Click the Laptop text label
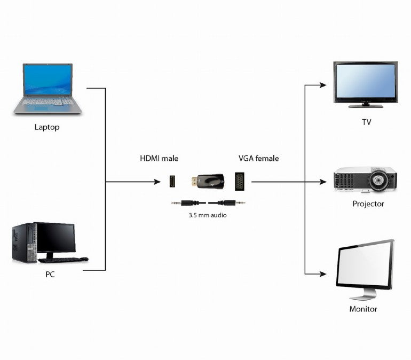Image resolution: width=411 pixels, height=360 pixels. click(47, 127)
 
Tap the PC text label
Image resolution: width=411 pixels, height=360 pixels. click(50, 275)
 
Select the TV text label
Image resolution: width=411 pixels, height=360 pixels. click(366, 122)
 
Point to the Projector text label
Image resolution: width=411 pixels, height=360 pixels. click(368, 204)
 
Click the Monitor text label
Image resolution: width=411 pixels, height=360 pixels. click(363, 309)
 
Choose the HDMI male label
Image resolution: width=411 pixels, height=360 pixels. click(159, 158)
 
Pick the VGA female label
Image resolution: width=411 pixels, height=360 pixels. click(258, 158)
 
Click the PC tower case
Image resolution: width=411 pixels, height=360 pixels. click(24, 242)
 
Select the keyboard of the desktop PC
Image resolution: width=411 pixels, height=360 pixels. click(62, 260)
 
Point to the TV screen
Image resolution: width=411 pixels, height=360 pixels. click(366, 81)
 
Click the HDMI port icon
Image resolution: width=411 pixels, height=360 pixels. click(172, 182)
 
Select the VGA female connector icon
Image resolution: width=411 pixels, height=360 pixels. click(240, 182)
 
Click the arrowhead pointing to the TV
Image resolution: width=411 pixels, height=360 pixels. click(322, 84)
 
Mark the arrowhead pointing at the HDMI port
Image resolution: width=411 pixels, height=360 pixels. click(157, 182)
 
